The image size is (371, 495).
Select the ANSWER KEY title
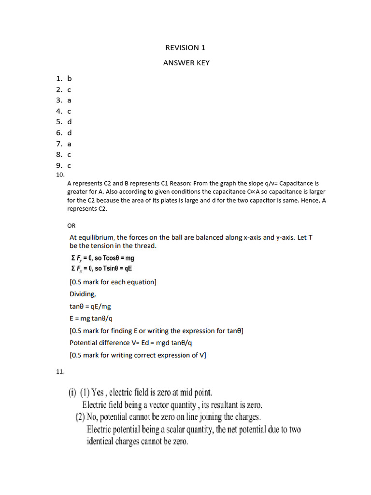pyautogui.click(x=186, y=63)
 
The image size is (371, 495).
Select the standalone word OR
pyautogui.click(x=71, y=225)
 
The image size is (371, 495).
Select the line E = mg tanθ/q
pyautogui.click(x=91, y=319)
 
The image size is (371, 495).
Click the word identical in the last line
pyautogui.click(x=105, y=442)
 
